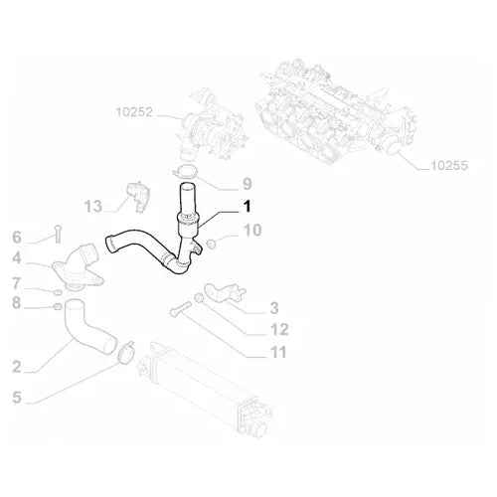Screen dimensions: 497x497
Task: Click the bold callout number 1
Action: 247,206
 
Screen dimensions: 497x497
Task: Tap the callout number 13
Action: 93,206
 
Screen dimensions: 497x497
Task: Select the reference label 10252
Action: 134,112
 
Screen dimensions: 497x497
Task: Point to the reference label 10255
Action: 449,165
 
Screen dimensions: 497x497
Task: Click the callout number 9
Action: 248,184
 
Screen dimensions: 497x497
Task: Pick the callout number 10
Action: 252,231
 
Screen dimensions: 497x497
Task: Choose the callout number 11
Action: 278,352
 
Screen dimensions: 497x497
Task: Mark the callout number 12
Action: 279,329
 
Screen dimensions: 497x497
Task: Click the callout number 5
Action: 17,398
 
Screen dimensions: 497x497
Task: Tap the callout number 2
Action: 17,367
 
